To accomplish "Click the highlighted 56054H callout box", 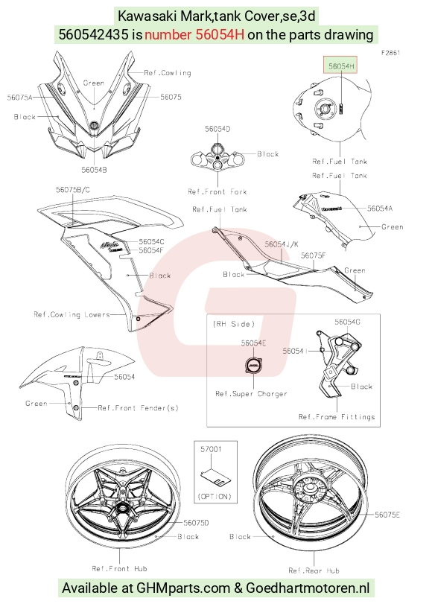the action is coord(340,65).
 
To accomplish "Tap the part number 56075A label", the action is coord(19,98).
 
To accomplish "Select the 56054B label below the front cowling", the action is coord(94,170).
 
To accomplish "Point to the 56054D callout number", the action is coord(217,129).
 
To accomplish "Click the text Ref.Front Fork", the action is coord(217,191).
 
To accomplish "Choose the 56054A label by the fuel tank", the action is coord(380,209).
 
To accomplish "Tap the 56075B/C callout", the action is coord(73,189).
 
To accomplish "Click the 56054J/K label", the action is coord(282,244).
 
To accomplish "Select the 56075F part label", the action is coord(314,255).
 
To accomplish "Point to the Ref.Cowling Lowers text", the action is coord(72,315).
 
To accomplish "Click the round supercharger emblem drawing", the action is coord(253,366).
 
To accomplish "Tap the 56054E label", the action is coord(253,343).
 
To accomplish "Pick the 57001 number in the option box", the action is coord(211,449).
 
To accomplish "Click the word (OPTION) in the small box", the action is coord(215,497).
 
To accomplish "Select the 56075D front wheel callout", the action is coord(196,523).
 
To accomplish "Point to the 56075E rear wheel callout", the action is coord(387,515).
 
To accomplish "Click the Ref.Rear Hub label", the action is coord(314,570).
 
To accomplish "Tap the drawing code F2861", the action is coord(391,53).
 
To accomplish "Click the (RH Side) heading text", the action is coord(234,324).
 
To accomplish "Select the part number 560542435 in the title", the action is coord(93,35).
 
